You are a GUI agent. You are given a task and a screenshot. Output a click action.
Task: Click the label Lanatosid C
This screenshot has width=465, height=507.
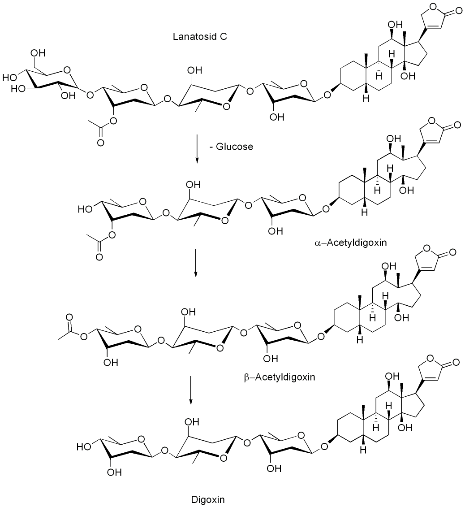[x=200, y=37]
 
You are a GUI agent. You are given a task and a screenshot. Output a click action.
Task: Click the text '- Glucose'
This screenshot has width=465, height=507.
[x=231, y=147]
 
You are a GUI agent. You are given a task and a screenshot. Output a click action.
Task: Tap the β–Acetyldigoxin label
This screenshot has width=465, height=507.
[x=280, y=377]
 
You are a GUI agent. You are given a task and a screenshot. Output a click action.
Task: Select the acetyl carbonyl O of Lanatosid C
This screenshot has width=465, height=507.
[x=100, y=143]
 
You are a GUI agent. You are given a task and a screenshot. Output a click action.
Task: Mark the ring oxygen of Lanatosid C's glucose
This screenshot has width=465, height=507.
[x=67, y=69]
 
